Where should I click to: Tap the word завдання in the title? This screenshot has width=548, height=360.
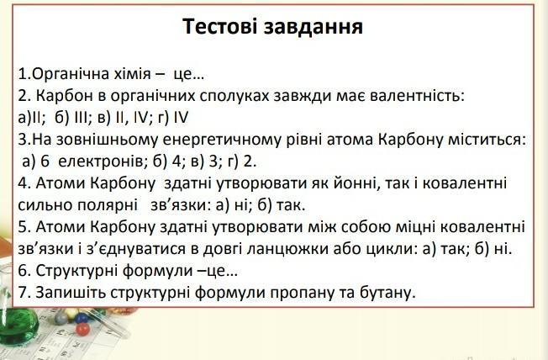pyautogui.click(x=314, y=27)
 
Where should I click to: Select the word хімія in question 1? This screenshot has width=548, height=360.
pyautogui.click(x=133, y=74)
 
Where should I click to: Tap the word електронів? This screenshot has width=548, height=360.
pyautogui.click(x=101, y=161)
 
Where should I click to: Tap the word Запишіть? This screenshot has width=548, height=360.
pyautogui.click(x=71, y=293)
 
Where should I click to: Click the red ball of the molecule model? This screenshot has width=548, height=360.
pyautogui.click(x=82, y=330)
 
